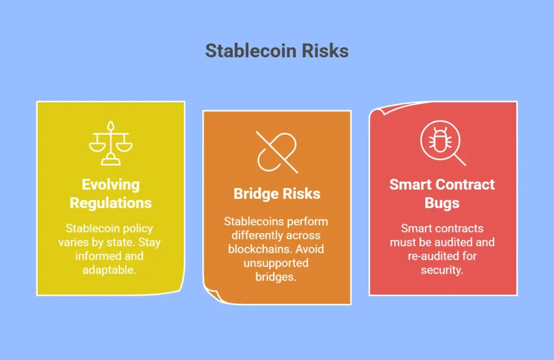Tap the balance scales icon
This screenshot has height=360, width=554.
[110, 143]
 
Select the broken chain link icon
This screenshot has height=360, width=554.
[277, 152]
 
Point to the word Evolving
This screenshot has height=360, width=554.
[110, 184]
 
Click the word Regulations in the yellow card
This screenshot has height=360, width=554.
[110, 203]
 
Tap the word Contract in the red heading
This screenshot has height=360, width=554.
[465, 184]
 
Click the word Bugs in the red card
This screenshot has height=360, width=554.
[442, 203]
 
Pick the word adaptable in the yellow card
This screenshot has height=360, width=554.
[109, 270]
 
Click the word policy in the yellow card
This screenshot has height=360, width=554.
[136, 229]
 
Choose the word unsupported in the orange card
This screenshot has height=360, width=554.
[276, 263]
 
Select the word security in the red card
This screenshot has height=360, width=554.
[441, 270]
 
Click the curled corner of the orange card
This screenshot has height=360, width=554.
[213, 295]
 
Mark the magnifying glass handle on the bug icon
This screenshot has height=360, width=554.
[460, 160]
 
